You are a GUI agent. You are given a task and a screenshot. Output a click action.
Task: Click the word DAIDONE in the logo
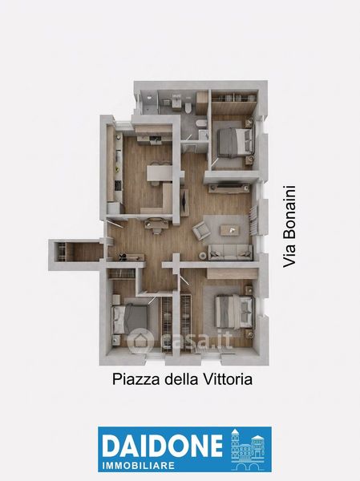tap(162, 446)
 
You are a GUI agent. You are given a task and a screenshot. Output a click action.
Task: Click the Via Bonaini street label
tap(289, 226)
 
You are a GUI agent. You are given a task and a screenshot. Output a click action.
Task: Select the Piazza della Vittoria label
tap(182, 379)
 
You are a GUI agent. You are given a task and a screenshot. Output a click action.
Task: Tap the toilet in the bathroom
tap(188, 107)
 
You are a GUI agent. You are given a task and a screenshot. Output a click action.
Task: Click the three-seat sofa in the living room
tap(230, 253)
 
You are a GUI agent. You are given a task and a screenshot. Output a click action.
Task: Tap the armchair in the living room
tap(200, 230)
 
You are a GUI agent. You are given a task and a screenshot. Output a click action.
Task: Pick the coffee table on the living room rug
tap(230, 230)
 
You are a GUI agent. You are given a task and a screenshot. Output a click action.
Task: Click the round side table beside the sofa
tap(203, 255)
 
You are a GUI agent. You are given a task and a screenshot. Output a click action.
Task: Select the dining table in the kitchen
tap(159, 173)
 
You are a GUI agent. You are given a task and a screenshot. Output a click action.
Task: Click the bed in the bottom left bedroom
tap(130, 319)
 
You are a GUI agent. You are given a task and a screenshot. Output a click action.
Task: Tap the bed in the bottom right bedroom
tap(235, 312)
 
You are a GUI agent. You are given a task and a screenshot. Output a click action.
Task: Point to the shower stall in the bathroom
tap(149, 102)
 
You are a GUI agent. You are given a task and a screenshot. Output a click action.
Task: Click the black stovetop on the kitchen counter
tap(118, 185)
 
